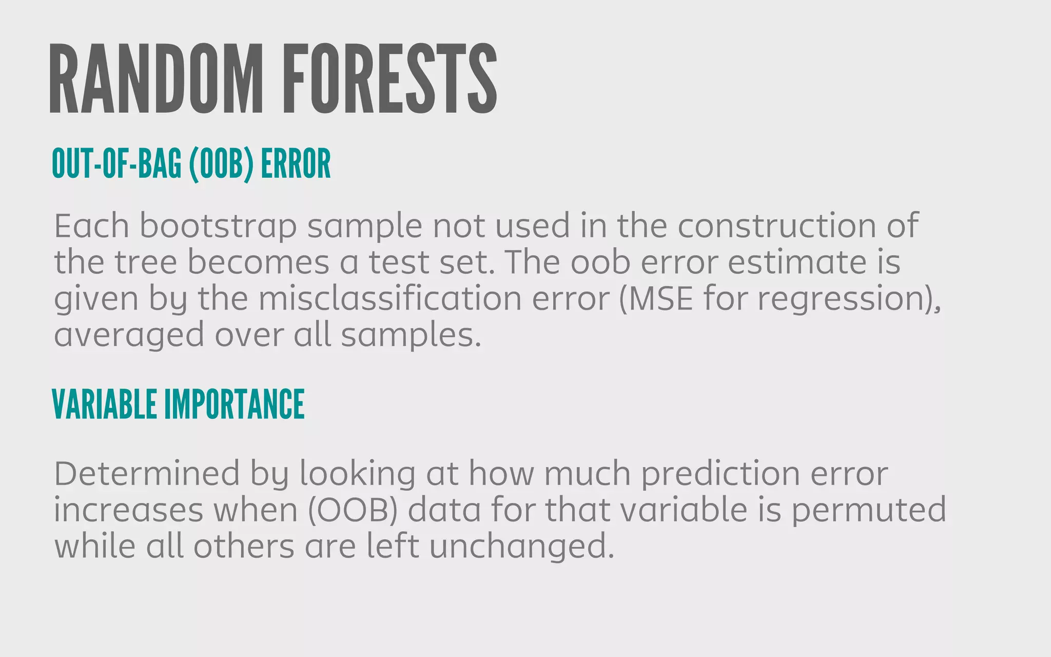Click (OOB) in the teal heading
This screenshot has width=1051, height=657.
(221, 164)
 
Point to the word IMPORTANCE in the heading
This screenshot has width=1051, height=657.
(234, 404)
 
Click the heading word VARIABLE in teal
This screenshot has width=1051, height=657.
(105, 404)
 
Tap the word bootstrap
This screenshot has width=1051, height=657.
(218, 226)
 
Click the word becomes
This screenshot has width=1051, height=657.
(258, 262)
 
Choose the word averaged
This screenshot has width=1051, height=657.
(129, 336)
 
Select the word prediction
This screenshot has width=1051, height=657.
(721, 474)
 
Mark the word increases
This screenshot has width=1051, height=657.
(129, 510)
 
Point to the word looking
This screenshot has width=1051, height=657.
(357, 474)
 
